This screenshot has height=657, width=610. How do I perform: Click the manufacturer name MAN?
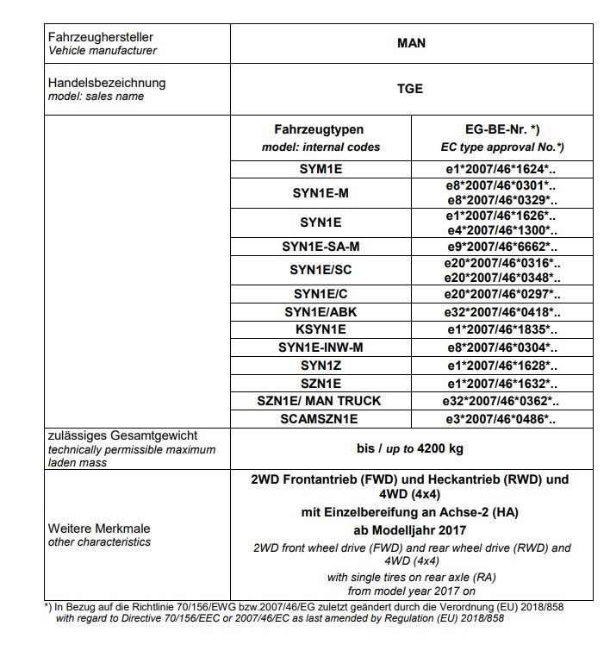coord(412,42)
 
